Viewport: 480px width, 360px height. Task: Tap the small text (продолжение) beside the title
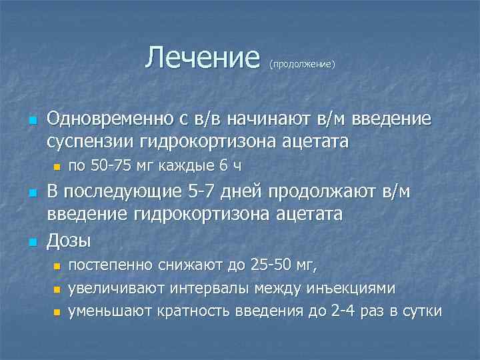tap(301, 65)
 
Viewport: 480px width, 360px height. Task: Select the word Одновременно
tap(110, 119)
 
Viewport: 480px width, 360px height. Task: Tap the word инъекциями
tap(350, 288)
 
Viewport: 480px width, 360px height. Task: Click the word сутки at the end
tap(420, 311)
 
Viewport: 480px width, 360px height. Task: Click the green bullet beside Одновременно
tap(31, 121)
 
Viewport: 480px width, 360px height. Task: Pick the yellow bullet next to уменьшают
tap(57, 312)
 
